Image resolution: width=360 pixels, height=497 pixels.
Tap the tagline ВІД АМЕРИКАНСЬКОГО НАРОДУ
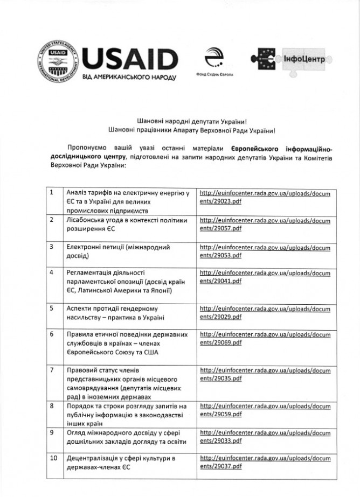[x=129, y=78]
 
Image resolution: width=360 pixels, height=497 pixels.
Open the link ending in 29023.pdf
[x=265, y=197]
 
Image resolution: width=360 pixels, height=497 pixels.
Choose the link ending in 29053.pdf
[x=265, y=251]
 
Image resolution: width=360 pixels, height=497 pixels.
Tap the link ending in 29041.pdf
[x=265, y=277]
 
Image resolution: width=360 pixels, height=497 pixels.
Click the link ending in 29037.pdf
[x=265, y=463]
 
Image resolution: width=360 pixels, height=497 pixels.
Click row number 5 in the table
[x=51, y=309]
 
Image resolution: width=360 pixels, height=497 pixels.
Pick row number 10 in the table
[x=53, y=458]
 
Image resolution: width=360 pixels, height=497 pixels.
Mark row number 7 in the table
[x=51, y=370]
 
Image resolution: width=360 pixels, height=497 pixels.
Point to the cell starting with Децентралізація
[x=121, y=463]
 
